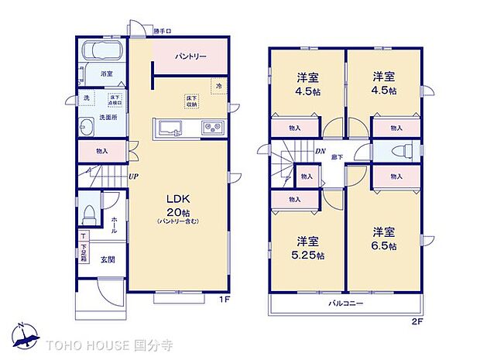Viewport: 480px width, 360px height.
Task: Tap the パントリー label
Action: coord(190,57)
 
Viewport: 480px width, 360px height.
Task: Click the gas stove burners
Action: coord(211,128)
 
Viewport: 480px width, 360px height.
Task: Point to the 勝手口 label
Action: coord(162,32)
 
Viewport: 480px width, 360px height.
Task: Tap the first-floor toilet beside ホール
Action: coord(89,211)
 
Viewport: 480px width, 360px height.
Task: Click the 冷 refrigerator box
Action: coord(219,86)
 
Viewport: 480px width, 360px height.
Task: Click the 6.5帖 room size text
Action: coord(382,239)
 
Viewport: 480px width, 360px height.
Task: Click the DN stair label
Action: coord(319,152)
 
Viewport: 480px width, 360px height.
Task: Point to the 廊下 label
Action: coord(338,158)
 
